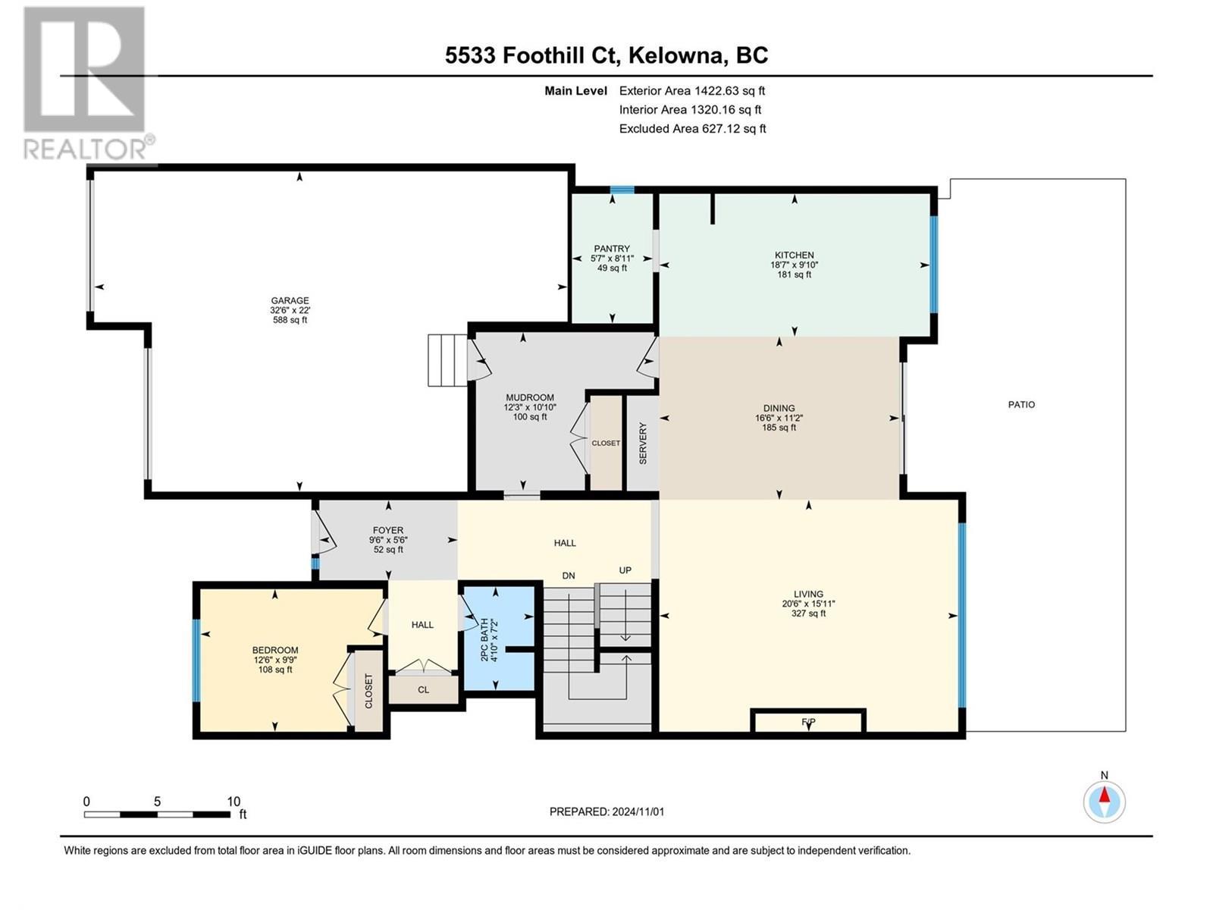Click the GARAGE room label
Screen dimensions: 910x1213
coord(290,301)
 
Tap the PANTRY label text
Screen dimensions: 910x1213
coord(612,249)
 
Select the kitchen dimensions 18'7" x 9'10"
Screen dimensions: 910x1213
coord(794,265)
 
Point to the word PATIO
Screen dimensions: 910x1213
coord(1021,405)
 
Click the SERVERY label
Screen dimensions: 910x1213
coord(643,444)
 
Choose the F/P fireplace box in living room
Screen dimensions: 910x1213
coord(808,721)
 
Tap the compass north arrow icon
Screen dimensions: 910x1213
coord(1105,801)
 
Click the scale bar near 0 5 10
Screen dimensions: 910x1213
coord(157,814)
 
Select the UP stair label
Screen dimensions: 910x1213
coord(625,570)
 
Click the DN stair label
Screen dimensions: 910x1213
coord(569,576)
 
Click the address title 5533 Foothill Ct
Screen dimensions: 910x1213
coord(606,55)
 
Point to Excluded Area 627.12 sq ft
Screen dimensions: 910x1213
coord(692,129)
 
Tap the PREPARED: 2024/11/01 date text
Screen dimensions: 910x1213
coord(606,811)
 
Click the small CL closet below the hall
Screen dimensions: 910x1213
coord(423,689)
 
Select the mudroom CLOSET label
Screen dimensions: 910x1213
coord(606,443)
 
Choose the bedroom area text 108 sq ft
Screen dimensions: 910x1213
coord(274,670)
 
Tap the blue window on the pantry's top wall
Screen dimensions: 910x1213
coord(622,190)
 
